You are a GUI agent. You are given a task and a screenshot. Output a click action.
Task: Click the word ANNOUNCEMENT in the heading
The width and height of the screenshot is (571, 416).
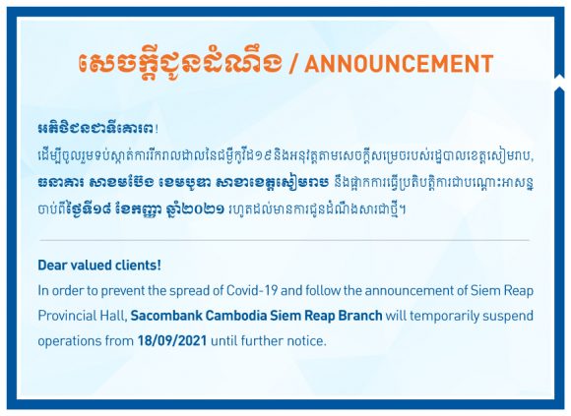point(399,63)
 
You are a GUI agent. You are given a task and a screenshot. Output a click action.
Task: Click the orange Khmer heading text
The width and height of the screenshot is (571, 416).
point(180,62)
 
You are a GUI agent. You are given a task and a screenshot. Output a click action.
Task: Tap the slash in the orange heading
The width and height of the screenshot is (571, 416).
point(293,64)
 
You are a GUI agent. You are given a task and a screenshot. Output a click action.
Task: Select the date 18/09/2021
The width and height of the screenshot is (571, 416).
point(172,340)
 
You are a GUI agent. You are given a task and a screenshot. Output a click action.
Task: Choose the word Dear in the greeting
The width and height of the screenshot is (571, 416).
point(52,266)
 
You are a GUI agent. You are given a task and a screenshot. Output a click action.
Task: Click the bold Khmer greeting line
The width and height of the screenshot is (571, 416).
point(98,129)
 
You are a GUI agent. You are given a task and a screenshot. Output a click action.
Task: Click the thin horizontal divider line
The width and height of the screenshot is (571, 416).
point(285,240)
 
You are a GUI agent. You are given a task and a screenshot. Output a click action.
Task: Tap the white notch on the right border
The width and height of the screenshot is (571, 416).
point(559,83)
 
